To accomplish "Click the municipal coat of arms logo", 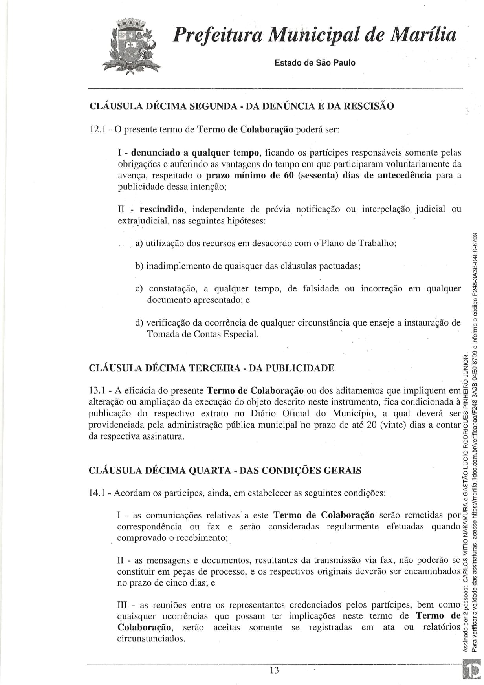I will pos(129,47).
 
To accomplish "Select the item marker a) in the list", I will pos(139,244).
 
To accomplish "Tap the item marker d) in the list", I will pos(139,323).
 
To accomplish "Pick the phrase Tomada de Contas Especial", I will pos(202,334).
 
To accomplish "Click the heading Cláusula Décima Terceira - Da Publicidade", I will pos(212,368).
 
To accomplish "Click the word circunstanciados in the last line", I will pos(151,639).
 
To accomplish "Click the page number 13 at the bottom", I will pos(274,670).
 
